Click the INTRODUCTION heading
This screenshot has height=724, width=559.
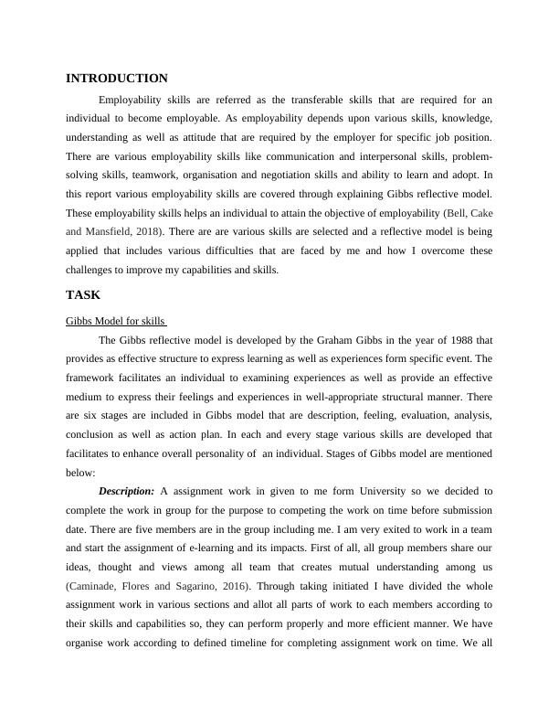pyautogui.click(x=117, y=79)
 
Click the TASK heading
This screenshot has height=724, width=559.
pyautogui.click(x=83, y=295)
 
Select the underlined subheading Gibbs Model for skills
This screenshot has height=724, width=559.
pyautogui.click(x=115, y=322)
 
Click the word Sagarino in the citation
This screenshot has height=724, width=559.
pyautogui.click(x=193, y=586)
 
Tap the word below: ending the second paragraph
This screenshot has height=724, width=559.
pyautogui.click(x=81, y=473)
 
